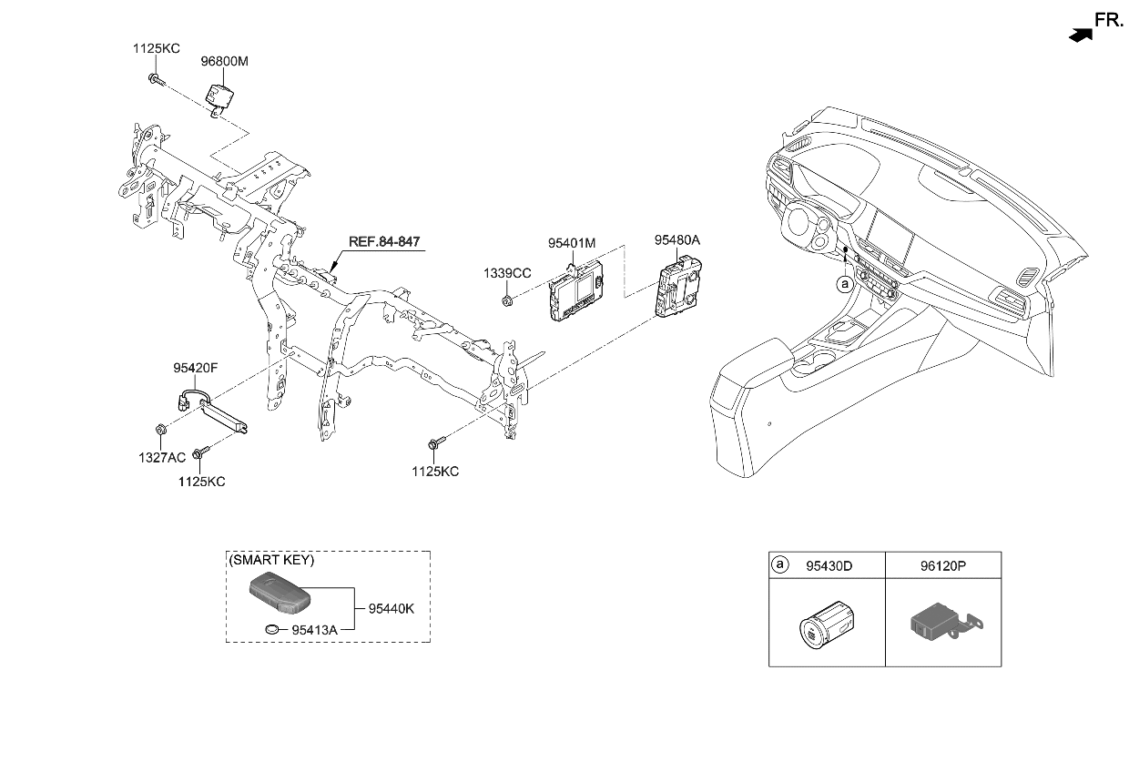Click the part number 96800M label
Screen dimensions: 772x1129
224,62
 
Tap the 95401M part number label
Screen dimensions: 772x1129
571,244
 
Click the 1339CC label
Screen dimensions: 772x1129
507,273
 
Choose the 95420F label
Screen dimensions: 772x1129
196,369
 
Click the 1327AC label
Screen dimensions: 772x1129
161,457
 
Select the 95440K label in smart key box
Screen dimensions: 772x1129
391,607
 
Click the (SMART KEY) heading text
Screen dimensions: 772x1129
271,561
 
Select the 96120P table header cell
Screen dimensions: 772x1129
942,565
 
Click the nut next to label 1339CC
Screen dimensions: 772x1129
507,300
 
